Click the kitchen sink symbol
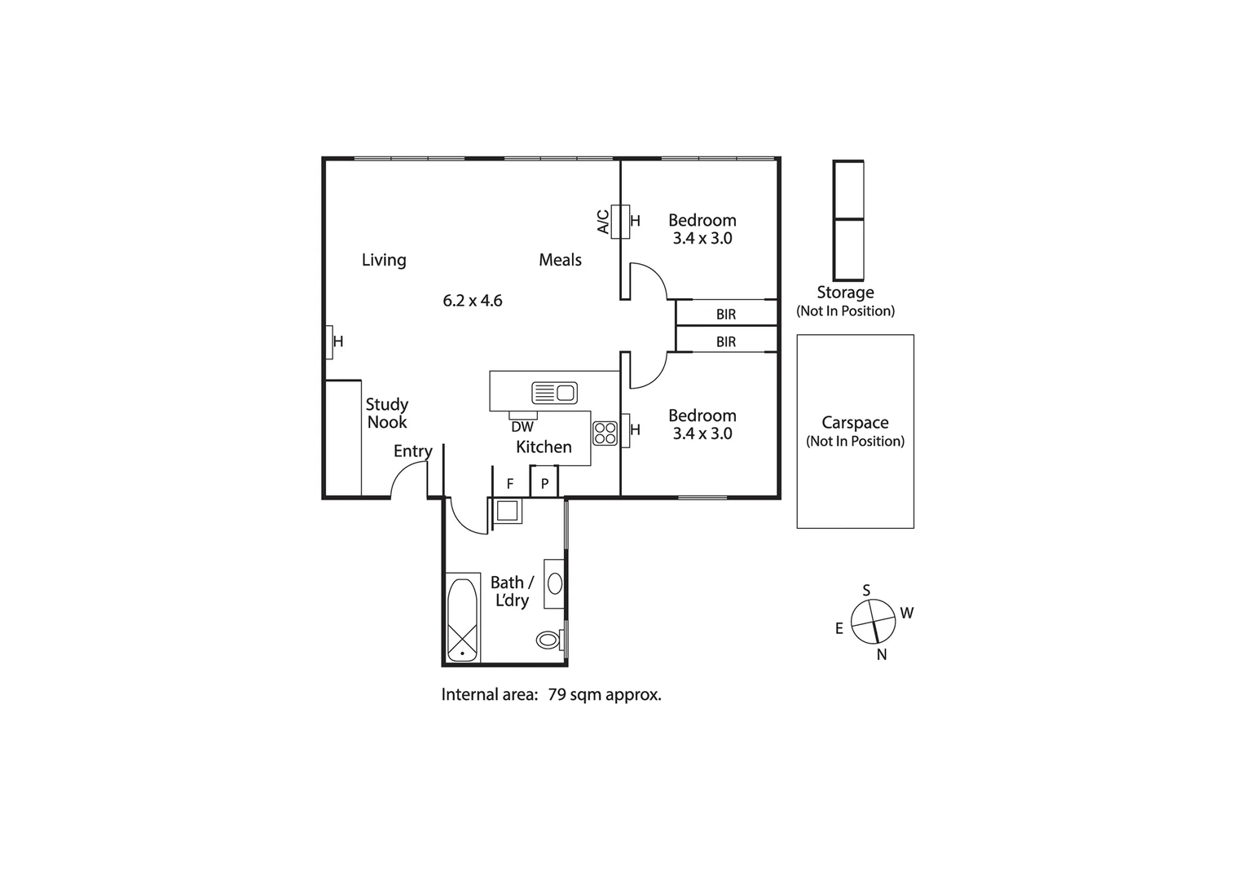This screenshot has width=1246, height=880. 554,393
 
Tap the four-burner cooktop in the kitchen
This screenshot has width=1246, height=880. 605,433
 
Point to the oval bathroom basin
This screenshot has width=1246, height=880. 555,583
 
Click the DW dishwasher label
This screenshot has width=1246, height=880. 522,427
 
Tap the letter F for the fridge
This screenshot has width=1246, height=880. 509,484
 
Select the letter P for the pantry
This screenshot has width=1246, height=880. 544,484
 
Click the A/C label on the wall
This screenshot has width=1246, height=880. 603,222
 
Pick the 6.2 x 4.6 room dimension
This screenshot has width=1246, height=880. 473,301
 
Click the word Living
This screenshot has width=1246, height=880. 384,260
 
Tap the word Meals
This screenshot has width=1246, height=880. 560,260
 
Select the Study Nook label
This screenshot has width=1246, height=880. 387,413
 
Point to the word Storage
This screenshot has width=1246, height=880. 845,293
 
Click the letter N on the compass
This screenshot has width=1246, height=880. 882,655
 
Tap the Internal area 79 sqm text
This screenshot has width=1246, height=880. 551,695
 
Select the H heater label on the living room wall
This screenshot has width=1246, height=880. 338,341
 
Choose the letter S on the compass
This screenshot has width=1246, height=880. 866,590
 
